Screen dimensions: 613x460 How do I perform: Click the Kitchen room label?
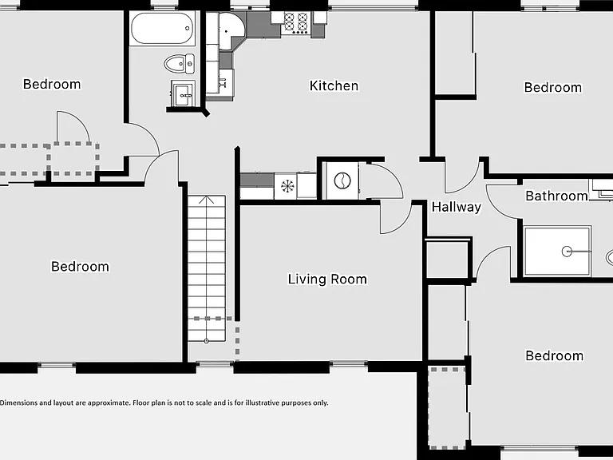334,85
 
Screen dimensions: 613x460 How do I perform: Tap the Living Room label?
327,279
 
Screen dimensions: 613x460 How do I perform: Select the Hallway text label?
457,207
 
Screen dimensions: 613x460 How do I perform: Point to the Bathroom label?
556,196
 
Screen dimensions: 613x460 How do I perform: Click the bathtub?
162,28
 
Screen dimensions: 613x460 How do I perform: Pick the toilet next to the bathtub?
179,64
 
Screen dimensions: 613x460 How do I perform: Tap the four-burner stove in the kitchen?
296,22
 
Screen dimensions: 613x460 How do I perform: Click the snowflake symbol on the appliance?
287,186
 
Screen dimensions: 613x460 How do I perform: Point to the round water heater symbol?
342,180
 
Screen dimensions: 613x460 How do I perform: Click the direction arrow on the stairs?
207,200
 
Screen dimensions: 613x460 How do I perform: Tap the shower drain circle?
567,251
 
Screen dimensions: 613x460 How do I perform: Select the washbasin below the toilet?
183,94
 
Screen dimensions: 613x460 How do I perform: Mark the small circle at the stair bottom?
207,341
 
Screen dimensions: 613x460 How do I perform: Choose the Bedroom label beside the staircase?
80,267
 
